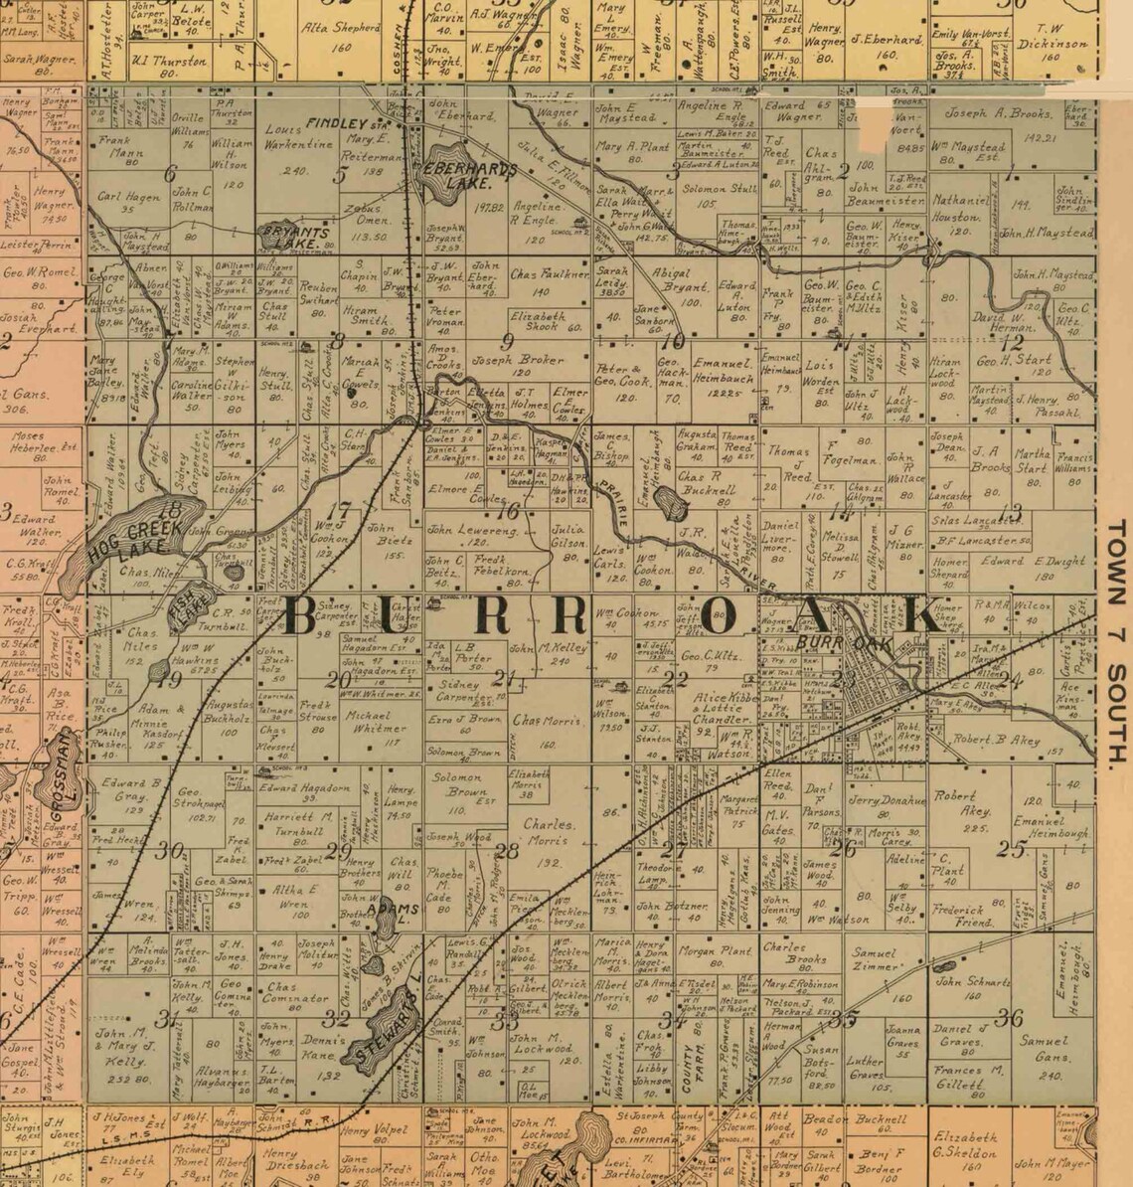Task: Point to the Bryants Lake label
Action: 294,236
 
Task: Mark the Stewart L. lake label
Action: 389,1018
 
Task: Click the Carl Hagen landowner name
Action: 129,197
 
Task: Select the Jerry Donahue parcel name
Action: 887,801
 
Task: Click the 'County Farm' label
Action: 690,1064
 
